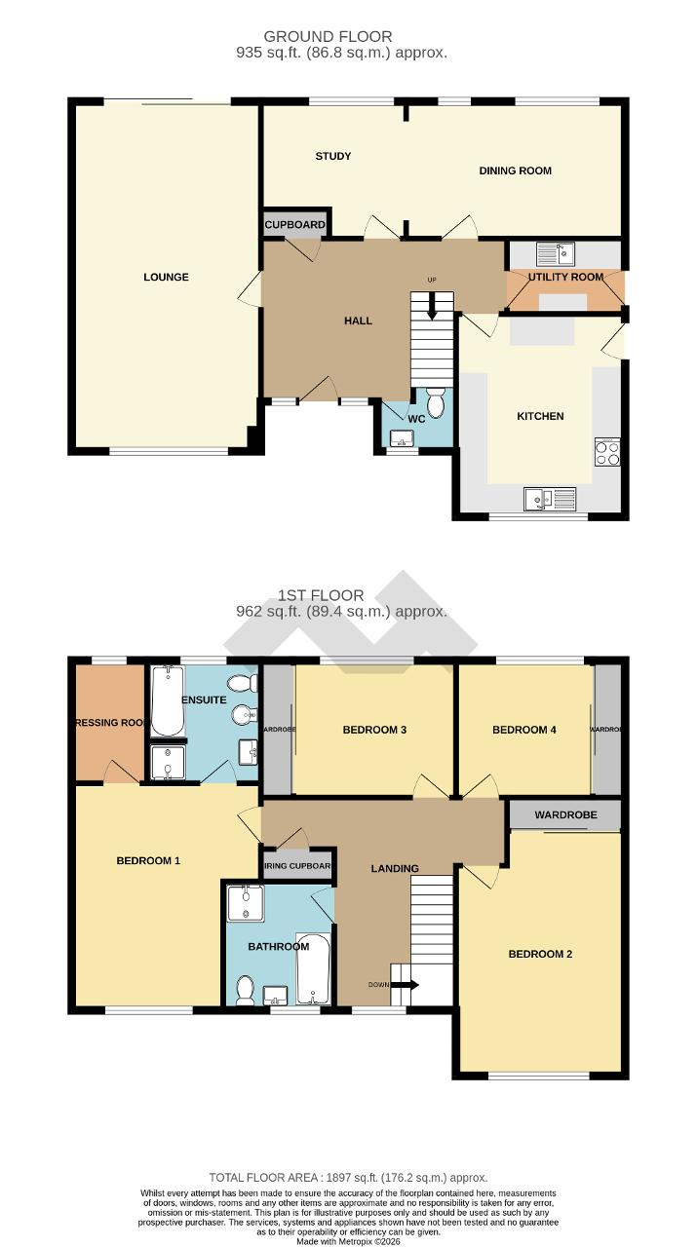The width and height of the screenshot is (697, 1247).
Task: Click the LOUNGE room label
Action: [166, 278]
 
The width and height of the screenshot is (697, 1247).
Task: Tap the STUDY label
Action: [332, 156]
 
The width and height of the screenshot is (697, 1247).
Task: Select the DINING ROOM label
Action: [515, 170]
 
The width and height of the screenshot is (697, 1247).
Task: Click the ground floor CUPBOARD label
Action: [294, 225]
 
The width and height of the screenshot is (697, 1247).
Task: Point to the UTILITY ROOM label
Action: [565, 278]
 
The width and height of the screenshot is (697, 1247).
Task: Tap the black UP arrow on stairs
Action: [432, 310]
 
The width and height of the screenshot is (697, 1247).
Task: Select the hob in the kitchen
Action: [607, 453]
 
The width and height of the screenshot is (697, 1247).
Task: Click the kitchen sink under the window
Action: [551, 499]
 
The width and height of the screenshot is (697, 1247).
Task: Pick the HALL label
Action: [358, 321]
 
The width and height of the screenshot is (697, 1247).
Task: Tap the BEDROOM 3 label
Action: [374, 730]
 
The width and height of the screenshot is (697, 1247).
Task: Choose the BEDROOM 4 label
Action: [524, 730]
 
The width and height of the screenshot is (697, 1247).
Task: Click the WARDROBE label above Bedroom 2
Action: [564, 814]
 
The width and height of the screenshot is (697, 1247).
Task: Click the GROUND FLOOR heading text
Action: [341, 37]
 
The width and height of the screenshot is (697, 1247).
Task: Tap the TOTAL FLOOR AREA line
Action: [348, 1178]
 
